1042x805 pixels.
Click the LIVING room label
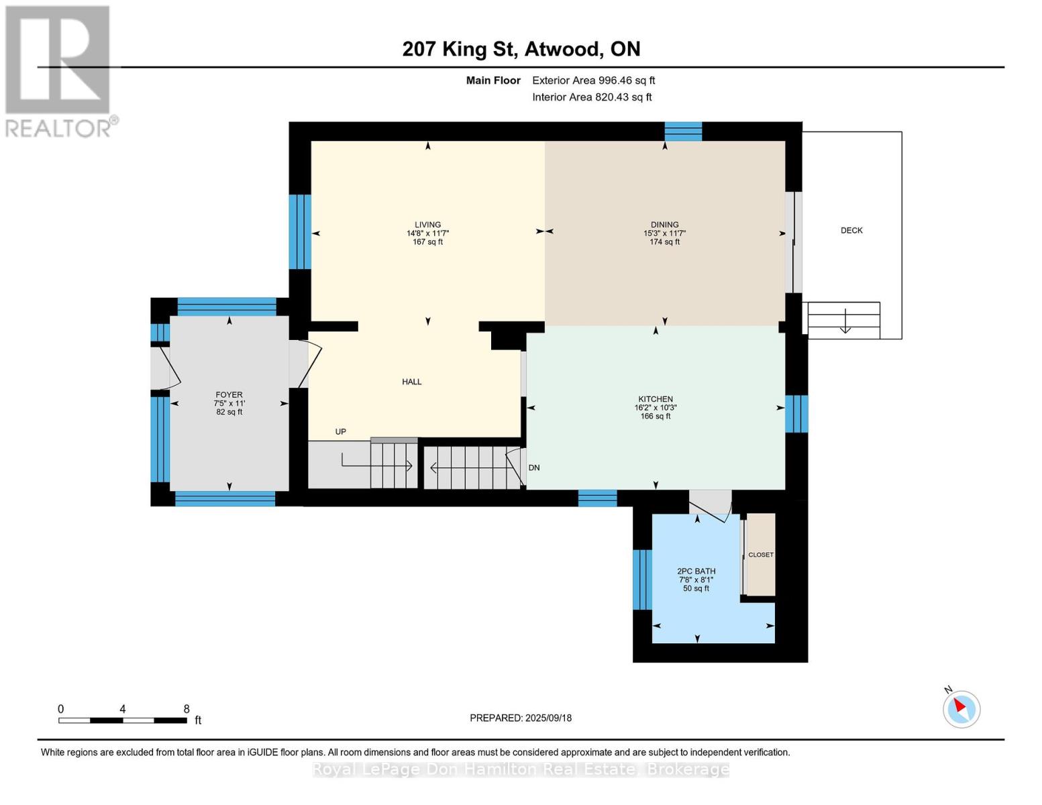click(x=427, y=224)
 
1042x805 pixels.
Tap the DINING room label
click(x=664, y=224)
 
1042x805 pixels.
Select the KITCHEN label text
click(x=655, y=399)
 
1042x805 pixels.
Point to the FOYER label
click(x=229, y=394)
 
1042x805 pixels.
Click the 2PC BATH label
click(x=696, y=571)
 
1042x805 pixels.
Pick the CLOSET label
click(x=760, y=555)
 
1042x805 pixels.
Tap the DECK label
click(x=851, y=230)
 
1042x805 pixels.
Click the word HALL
click(x=411, y=382)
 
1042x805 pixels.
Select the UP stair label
click(x=340, y=431)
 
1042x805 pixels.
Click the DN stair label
click(x=533, y=468)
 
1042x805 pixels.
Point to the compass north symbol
click(x=961, y=709)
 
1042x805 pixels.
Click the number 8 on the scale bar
click(x=187, y=708)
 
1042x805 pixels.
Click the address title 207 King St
click(x=460, y=49)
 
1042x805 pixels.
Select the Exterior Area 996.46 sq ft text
click(x=593, y=80)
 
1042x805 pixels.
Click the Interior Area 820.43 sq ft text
click(x=592, y=97)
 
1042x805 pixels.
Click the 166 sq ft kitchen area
click(x=655, y=416)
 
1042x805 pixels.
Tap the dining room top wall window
click(x=683, y=131)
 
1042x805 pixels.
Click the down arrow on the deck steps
click(x=845, y=321)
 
